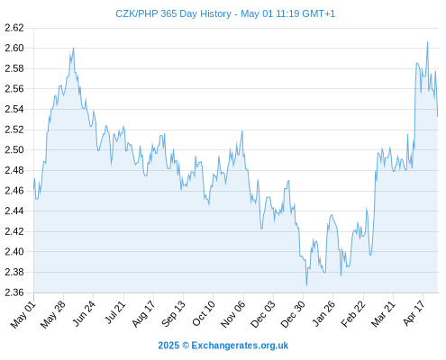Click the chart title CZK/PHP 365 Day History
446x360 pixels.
pos(173,13)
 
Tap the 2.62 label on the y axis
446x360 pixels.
pos(14,28)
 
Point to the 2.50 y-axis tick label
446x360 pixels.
pos(14,149)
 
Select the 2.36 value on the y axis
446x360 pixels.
pos(14,292)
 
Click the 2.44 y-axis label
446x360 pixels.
pos(14,211)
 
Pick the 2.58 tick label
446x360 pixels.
pos(14,68)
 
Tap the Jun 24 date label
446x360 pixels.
pos(85,313)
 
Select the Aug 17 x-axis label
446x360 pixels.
pos(144,313)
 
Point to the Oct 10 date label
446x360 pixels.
pos(204,313)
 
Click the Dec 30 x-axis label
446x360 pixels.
pos(293,314)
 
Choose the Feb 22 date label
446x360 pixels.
pos(353,313)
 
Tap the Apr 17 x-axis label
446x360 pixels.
pos(414,313)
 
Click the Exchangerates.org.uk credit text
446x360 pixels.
pos(240,346)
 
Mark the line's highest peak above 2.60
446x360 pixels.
pos(427,42)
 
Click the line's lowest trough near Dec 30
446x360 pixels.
pos(306,285)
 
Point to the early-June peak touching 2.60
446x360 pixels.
pos(73,49)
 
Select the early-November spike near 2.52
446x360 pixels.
pos(242,130)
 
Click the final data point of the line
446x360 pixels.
pos(438,116)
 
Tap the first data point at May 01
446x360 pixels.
pos(33,189)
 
